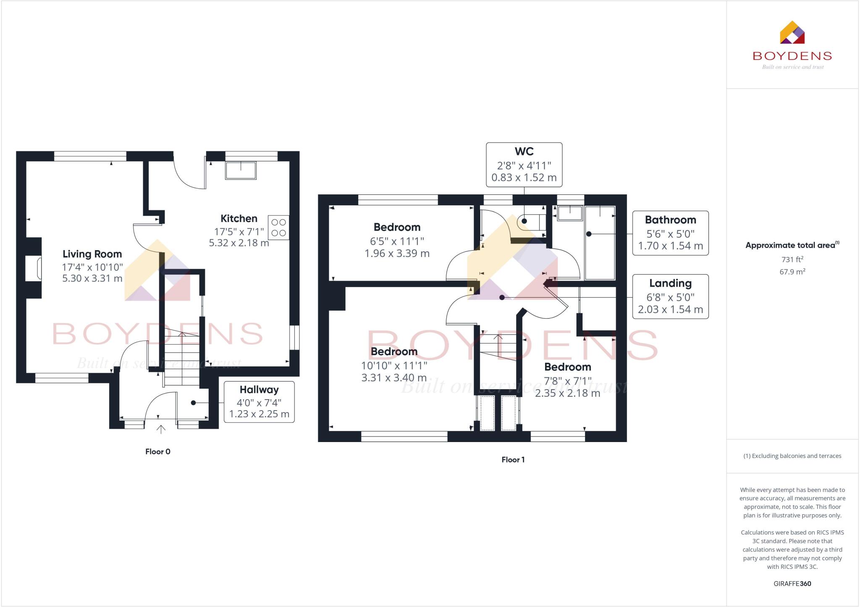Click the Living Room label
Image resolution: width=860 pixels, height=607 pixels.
point(92,254)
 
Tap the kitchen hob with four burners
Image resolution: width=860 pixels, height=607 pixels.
point(278,228)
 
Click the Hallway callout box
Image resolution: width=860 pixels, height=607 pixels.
point(259,402)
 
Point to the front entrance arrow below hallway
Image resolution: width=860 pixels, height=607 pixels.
point(161,429)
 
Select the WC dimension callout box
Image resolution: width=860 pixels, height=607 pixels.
point(524,165)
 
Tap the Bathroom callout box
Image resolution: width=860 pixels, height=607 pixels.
point(670,233)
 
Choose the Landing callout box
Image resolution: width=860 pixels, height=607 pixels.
point(670,297)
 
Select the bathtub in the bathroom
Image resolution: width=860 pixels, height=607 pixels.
point(600,243)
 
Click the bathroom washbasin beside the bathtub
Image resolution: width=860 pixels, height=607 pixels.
point(570,213)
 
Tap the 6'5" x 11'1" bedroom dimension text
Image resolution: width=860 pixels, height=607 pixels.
point(397,241)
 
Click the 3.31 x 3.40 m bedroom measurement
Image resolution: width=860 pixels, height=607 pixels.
point(394,378)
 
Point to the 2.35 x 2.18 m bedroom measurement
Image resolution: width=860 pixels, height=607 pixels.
point(567,393)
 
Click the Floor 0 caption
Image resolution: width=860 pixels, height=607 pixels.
point(158,452)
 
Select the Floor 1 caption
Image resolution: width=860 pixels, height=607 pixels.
point(513,460)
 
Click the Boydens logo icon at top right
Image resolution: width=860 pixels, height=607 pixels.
point(792,32)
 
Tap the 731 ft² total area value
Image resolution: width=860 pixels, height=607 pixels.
point(792,259)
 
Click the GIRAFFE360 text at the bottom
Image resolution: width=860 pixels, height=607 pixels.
point(792,583)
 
